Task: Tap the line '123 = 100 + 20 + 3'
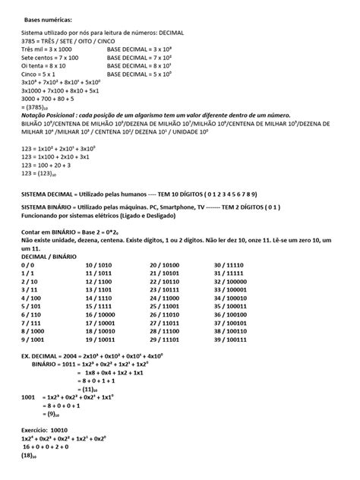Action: (x=47, y=166)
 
